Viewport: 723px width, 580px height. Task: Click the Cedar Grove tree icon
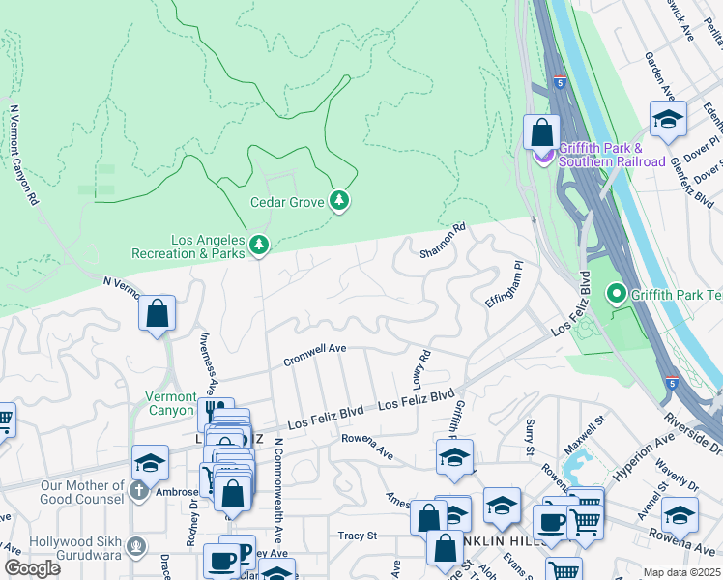point(338,201)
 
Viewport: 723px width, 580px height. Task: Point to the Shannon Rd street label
point(443,242)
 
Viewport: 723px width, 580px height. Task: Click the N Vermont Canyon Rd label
point(24,155)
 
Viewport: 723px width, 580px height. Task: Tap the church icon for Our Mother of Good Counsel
point(139,490)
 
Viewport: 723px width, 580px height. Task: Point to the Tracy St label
point(357,535)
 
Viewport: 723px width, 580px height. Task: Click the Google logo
point(32,568)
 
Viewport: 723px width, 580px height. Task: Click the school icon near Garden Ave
point(668,119)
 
